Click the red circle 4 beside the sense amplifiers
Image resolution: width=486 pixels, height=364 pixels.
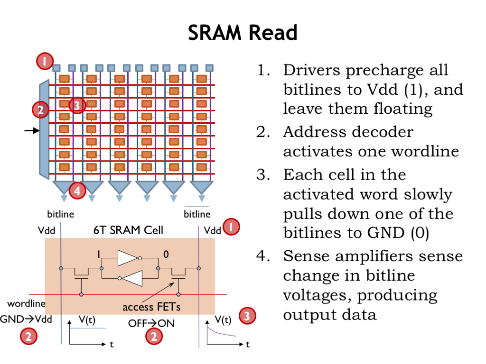(77, 191)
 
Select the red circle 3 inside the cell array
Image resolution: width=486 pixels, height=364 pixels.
(77, 105)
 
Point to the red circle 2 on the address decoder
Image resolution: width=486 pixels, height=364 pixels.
(40, 110)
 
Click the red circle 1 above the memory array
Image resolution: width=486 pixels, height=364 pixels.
(43, 61)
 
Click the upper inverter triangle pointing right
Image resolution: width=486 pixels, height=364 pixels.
(128, 258)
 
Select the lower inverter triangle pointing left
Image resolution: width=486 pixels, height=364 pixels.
(131, 279)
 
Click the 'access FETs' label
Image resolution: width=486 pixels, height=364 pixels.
(151, 307)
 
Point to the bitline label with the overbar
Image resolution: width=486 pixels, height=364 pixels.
(197, 214)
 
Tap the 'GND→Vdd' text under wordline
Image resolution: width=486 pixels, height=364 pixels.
(27, 318)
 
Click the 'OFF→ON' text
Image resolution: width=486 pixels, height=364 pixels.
(151, 323)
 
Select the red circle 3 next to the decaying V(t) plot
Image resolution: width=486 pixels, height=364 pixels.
(247, 316)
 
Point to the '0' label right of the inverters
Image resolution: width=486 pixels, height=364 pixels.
(166, 255)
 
